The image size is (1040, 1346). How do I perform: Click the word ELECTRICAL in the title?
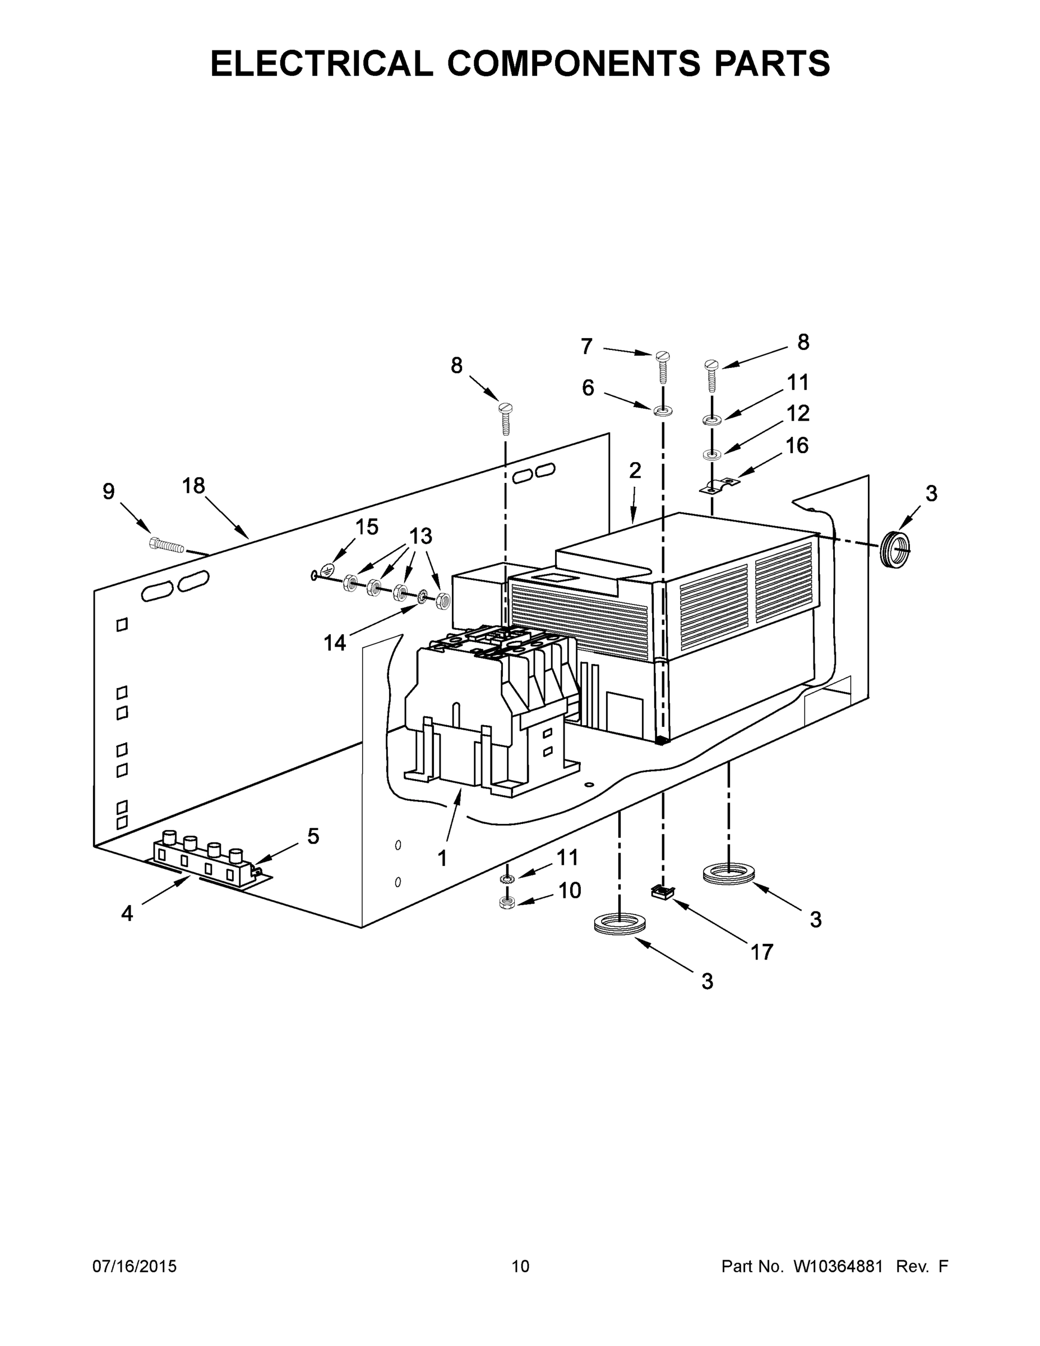[x=322, y=63]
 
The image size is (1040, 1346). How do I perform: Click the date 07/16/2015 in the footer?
[x=135, y=1266]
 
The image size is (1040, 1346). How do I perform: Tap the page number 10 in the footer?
[x=520, y=1266]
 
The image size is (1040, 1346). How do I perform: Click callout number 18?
[x=193, y=486]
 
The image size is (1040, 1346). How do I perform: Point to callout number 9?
[x=108, y=491]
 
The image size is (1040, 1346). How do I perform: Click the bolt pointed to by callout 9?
[x=167, y=544]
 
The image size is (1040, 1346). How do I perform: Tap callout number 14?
[x=335, y=643]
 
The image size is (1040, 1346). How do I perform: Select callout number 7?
[x=586, y=347]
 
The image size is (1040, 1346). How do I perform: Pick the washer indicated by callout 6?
[x=663, y=410]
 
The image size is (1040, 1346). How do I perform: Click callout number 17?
[x=761, y=952]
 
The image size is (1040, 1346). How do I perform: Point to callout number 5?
[x=313, y=836]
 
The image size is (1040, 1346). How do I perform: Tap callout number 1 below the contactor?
[x=442, y=858]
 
